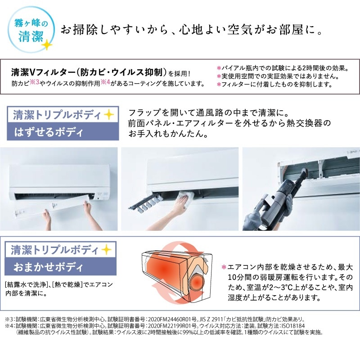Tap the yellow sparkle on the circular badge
46,45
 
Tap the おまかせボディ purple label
63,267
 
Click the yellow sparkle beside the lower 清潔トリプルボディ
106,249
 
